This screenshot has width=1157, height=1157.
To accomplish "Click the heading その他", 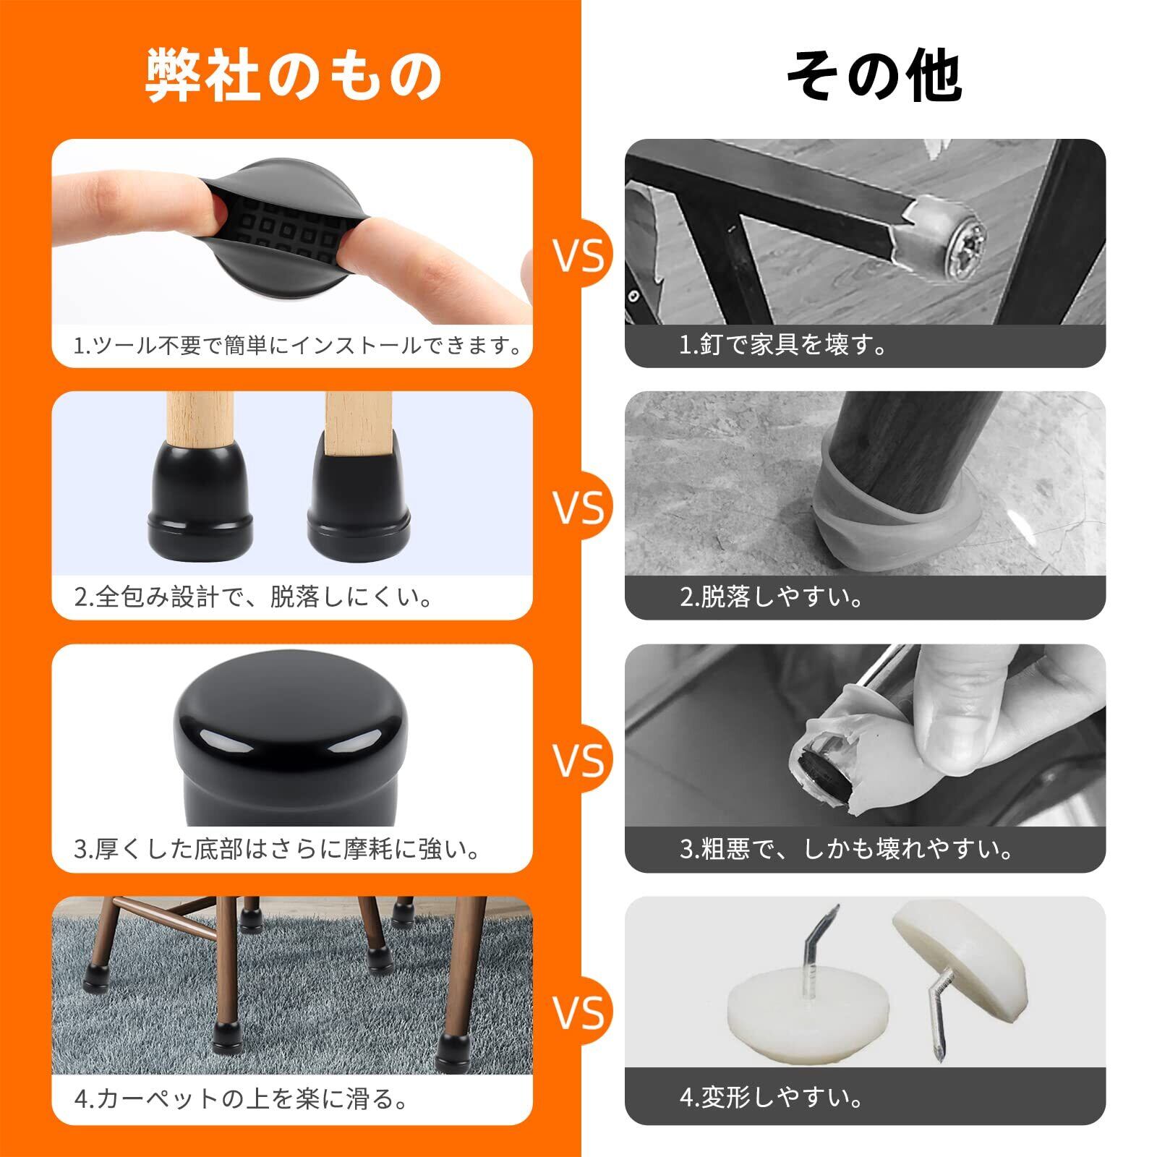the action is [874, 76].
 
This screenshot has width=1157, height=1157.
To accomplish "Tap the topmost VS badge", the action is [579, 255].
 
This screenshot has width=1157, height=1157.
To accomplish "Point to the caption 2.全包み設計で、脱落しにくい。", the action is [255, 597].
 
